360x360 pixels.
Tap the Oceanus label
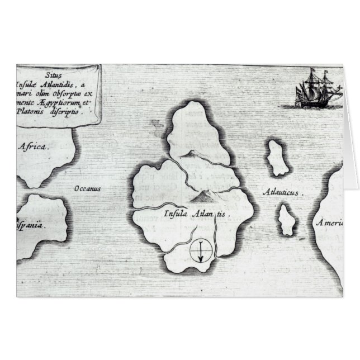tap(87, 189)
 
